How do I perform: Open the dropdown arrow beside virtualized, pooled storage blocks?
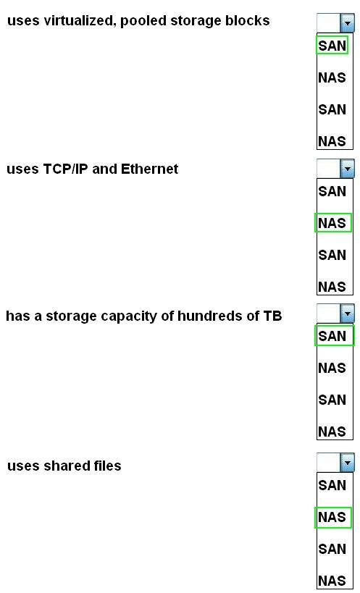[x=347, y=23]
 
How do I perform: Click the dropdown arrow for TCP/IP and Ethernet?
[x=347, y=169]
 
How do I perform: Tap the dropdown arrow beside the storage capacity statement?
[x=347, y=314]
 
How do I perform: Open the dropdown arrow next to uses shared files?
[x=347, y=463]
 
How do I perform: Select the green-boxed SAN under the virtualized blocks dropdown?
[x=332, y=46]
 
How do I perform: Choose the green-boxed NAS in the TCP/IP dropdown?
[x=332, y=223]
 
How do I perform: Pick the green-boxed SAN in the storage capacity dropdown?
[x=334, y=336]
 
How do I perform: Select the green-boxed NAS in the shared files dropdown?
[x=332, y=517]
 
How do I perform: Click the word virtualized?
[x=79, y=20]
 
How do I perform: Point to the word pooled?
[x=143, y=21]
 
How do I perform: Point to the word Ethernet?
[x=149, y=169]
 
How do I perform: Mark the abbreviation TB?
[x=272, y=316]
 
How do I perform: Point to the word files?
[x=108, y=465]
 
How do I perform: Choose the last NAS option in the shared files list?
[x=332, y=581]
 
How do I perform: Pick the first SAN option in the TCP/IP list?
[x=332, y=191]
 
